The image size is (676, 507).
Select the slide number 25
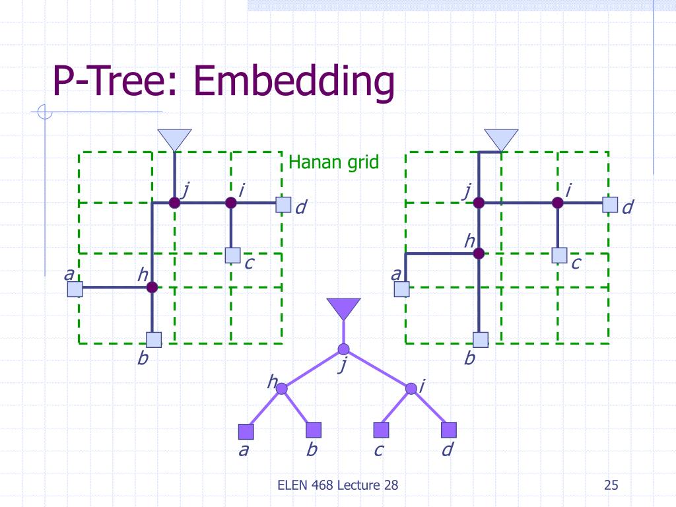[611, 486]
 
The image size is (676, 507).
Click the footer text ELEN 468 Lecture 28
[337, 486]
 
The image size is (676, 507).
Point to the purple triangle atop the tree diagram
[343, 308]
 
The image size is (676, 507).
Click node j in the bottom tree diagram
[343, 349]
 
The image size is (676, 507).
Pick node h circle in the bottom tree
[282, 389]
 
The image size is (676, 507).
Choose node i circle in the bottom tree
[411, 388]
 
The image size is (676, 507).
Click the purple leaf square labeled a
[246, 431]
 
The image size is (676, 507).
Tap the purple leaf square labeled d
[449, 430]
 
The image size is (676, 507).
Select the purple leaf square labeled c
[381, 430]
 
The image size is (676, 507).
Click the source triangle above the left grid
[174, 139]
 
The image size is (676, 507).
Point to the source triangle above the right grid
[501, 139]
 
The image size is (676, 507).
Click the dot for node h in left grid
[152, 287]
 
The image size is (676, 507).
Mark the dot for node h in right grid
[479, 253]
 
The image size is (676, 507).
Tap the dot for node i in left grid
[230, 203]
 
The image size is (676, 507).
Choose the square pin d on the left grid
[284, 205]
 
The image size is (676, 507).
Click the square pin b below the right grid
[481, 340]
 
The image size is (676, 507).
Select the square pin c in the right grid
[560, 255]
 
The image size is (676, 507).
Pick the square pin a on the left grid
[75, 288]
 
